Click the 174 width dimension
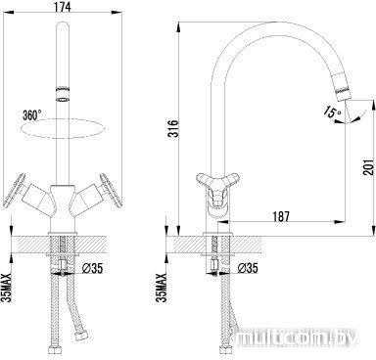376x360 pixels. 63,6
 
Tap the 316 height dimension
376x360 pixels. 173,128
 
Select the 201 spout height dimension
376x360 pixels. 368,167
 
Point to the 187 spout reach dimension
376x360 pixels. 280,216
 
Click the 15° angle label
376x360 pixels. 332,112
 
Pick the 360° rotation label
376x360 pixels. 32,114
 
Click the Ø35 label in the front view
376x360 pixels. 92,268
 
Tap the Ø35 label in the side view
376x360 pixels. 248,268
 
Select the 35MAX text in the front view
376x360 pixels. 7,288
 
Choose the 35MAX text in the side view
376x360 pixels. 162,288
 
